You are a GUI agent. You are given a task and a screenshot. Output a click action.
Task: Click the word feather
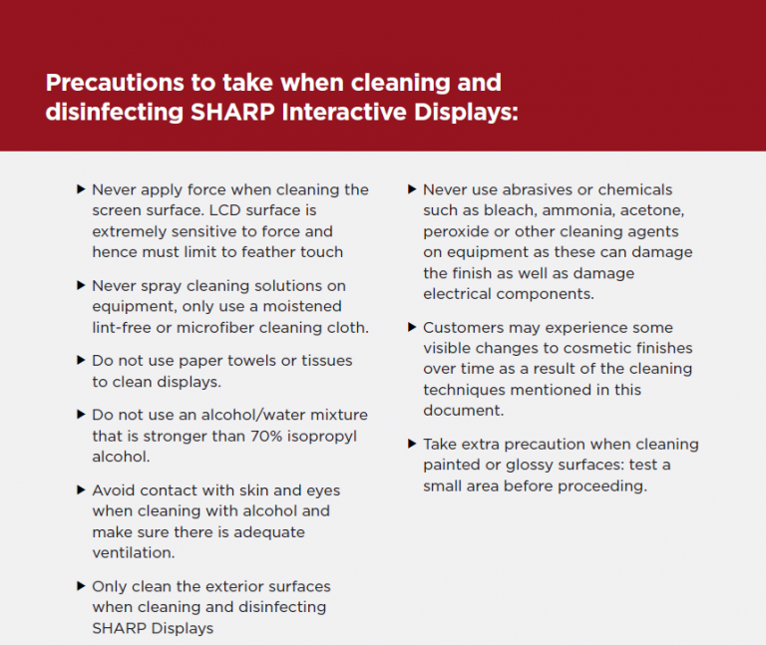265,252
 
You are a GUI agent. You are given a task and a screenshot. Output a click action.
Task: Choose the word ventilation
133,552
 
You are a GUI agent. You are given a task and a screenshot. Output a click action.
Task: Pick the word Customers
463,327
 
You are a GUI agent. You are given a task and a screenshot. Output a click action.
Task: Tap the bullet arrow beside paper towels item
81,360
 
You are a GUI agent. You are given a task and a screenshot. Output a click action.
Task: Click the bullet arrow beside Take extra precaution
412,444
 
